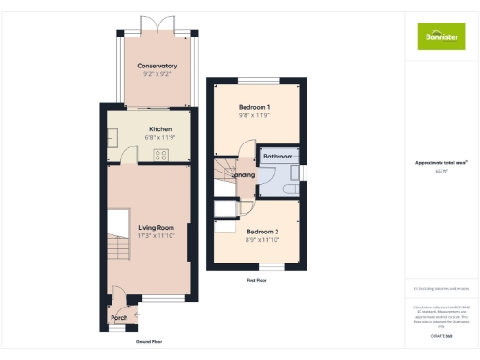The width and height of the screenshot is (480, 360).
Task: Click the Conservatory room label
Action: [157, 66]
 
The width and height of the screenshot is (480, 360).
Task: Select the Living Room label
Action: [157, 228]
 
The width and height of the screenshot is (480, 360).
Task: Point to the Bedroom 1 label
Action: [255, 109]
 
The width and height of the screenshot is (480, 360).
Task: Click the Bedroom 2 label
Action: [262, 231]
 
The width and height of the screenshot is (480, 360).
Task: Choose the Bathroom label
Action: [278, 156]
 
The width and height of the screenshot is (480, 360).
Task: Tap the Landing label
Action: [244, 175]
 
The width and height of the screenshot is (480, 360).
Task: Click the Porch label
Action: [119, 318]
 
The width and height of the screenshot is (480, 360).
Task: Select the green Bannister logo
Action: [441, 37]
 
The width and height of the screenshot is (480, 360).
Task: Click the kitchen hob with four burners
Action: [160, 155]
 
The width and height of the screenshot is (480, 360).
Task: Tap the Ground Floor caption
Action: [149, 342]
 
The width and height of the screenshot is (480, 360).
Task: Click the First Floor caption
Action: [256, 280]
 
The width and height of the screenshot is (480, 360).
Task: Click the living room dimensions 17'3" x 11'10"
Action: [157, 236]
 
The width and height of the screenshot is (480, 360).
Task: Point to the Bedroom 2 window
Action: [270, 268]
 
